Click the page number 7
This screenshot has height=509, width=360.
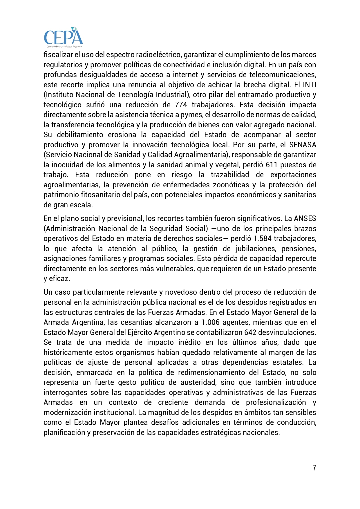(314, 468)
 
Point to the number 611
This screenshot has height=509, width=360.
(272, 165)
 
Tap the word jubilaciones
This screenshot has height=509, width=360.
(253, 249)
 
